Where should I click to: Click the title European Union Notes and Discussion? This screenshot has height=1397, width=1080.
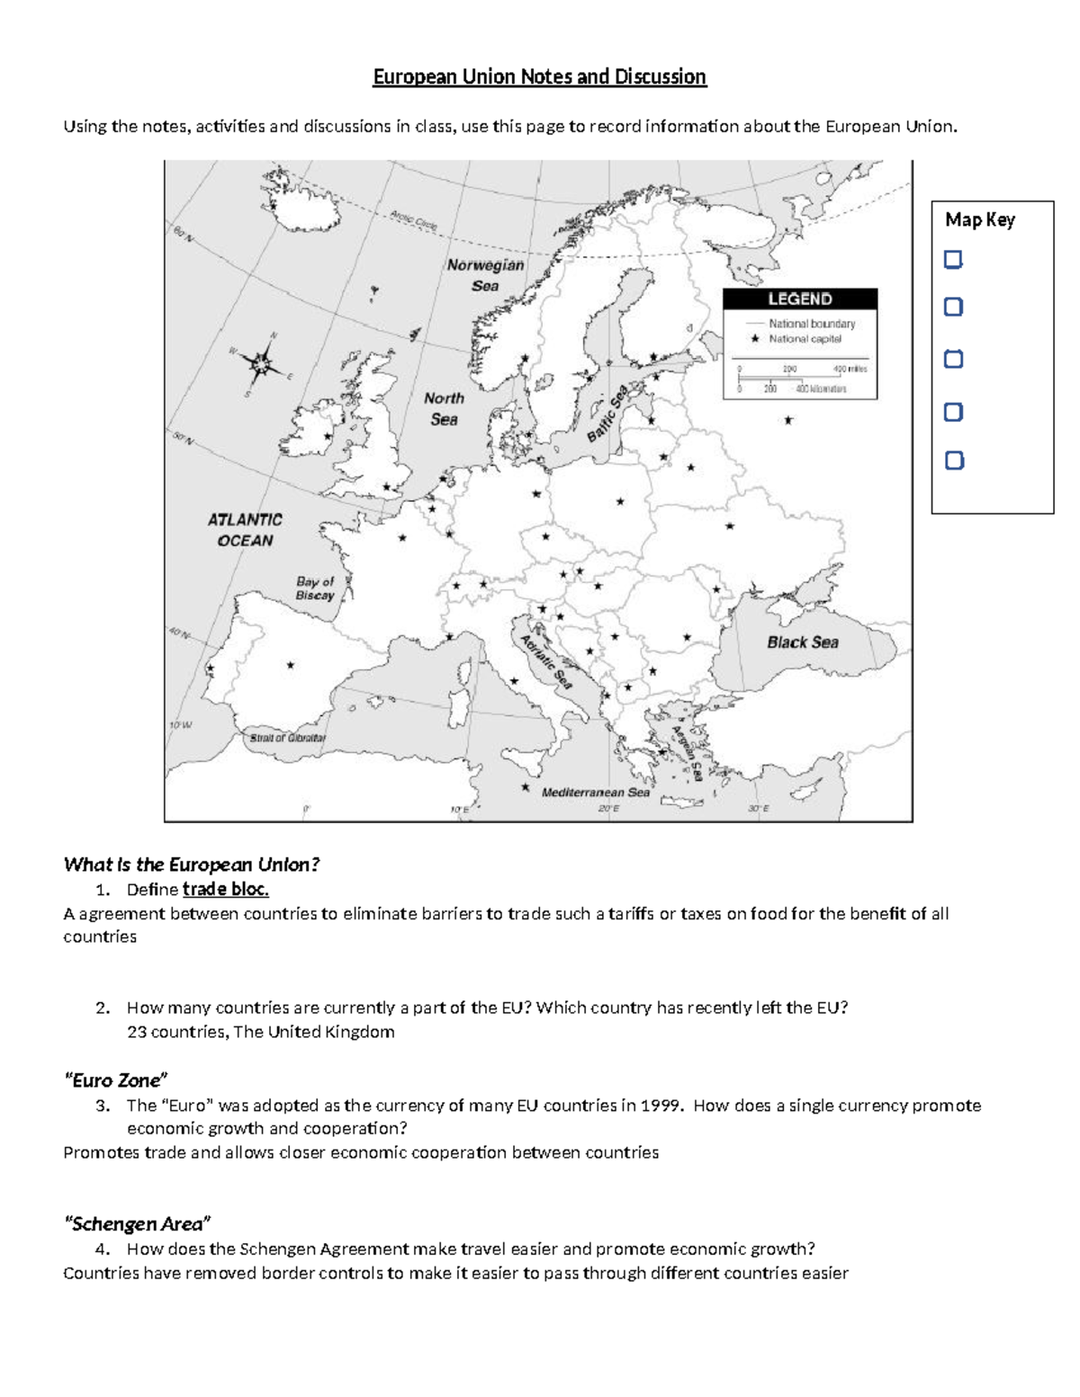click(x=540, y=77)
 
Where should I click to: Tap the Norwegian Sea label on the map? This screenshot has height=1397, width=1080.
click(x=485, y=275)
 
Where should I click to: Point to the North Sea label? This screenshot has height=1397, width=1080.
click(x=444, y=408)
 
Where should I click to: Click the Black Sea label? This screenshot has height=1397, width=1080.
click(x=802, y=642)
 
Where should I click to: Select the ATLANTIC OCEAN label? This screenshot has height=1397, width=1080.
click(x=245, y=530)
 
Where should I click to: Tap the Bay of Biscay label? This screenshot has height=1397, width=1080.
click(x=315, y=588)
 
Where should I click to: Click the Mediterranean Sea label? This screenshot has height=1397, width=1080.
click(x=595, y=793)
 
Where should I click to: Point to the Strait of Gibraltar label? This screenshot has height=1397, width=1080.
click(x=288, y=738)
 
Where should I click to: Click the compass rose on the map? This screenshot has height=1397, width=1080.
click(x=261, y=363)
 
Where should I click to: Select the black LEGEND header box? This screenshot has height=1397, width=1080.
click(x=800, y=300)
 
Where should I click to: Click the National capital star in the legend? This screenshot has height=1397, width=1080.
click(x=755, y=339)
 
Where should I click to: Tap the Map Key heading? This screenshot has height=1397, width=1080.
click(x=979, y=220)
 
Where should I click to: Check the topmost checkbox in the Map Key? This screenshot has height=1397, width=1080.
click(x=953, y=260)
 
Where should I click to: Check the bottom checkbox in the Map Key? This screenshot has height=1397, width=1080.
click(x=954, y=461)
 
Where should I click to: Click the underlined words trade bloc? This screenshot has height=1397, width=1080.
click(x=225, y=890)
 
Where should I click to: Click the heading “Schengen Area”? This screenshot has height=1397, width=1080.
click(x=137, y=1224)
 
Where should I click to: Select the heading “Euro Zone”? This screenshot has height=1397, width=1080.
click(x=115, y=1080)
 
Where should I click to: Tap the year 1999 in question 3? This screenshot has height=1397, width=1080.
click(x=660, y=1106)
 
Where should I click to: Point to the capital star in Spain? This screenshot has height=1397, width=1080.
click(x=291, y=666)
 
